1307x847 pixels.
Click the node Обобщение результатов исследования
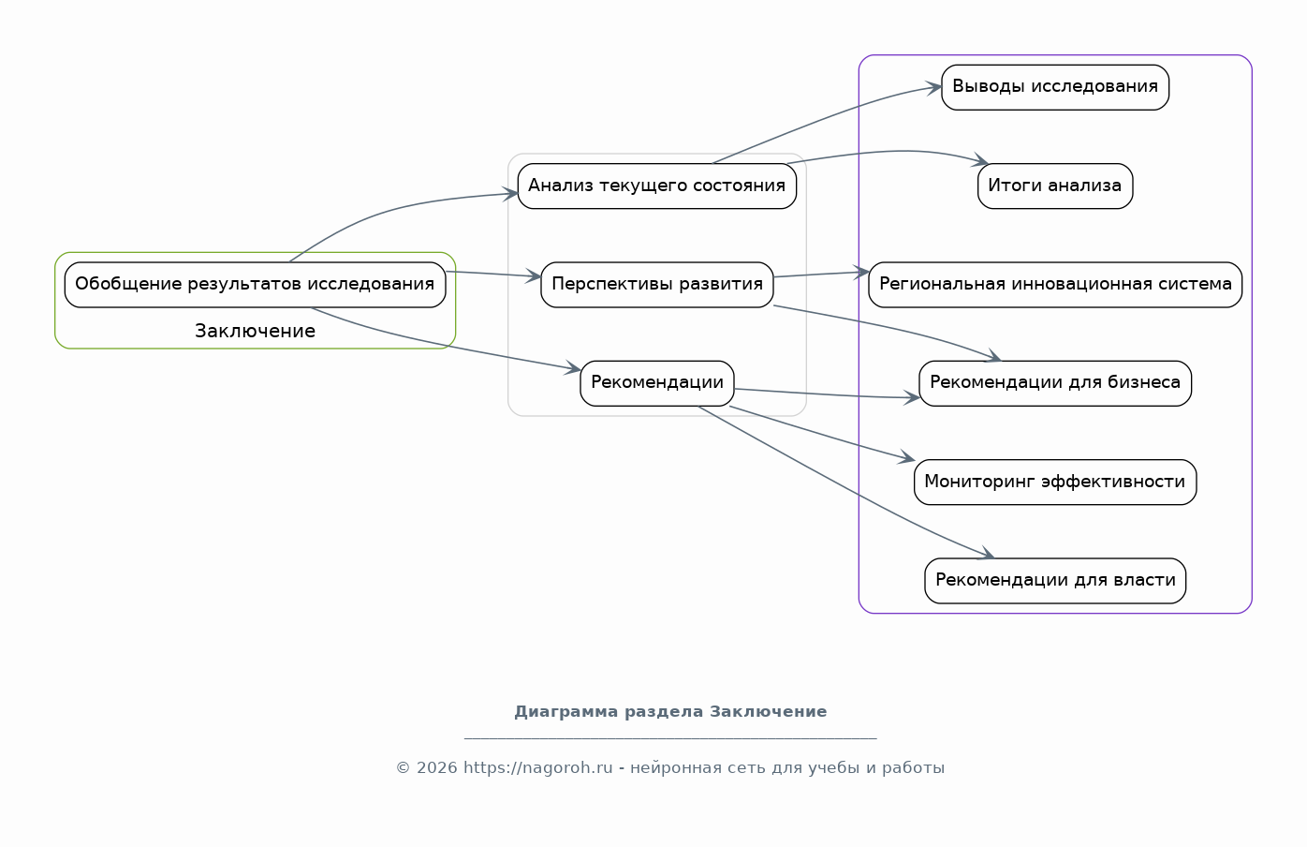click(255, 284)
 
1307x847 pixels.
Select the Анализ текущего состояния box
click(656, 186)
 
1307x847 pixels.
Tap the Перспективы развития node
click(656, 284)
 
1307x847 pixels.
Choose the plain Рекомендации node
click(656, 382)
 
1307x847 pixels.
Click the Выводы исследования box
click(1054, 87)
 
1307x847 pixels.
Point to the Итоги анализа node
click(1054, 186)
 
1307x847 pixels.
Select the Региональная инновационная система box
click(1054, 284)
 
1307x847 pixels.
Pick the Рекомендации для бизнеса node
click(1054, 382)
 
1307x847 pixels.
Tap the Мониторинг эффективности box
click(1054, 482)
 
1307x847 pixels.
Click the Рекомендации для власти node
click(1054, 580)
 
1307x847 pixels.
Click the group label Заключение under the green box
click(255, 331)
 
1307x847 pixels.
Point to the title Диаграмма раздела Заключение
click(670, 711)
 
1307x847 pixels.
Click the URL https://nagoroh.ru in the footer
click(537, 767)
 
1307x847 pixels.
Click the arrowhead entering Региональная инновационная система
click(862, 273)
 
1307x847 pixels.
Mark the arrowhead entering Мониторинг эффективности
click(907, 459)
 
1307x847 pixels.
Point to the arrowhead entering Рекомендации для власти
click(987, 556)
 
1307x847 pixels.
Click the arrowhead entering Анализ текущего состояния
click(511, 194)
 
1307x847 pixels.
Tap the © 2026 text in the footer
click(426, 767)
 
